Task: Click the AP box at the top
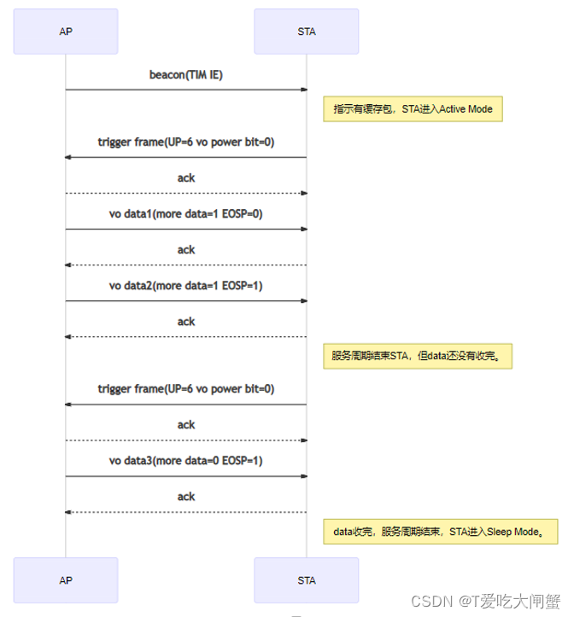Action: (66, 32)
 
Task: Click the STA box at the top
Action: (306, 32)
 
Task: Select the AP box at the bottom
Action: (66, 580)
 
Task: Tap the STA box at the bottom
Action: (306, 580)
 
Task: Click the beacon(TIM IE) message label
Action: (186, 75)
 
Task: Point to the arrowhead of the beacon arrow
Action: (302, 89)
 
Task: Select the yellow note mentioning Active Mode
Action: (413, 109)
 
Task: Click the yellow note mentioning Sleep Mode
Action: (440, 531)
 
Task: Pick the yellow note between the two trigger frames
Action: (417, 356)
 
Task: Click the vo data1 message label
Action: (186, 214)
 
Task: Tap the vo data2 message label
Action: (186, 286)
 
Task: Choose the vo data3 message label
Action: (186, 461)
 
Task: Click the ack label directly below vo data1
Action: (186, 250)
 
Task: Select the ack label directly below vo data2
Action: (186, 322)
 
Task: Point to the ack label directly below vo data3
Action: (186, 497)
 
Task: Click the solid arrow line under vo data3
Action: (186, 476)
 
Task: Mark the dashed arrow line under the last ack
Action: (186, 512)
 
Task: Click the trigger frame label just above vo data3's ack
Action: (186, 389)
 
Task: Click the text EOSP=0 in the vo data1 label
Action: (242, 214)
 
